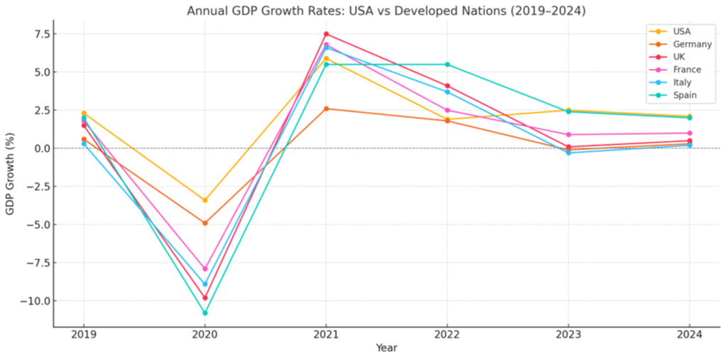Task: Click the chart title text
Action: click(386, 11)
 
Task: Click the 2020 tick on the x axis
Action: click(205, 334)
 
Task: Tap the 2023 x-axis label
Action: click(568, 334)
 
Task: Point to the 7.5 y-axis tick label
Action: click(39, 34)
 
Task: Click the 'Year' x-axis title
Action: click(387, 348)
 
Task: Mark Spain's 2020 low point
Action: click(205, 312)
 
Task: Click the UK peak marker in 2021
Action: click(326, 34)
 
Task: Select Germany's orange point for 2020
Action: click(205, 223)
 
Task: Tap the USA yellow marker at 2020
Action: click(205, 200)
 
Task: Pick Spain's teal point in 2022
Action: click(447, 65)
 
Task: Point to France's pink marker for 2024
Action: click(689, 133)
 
